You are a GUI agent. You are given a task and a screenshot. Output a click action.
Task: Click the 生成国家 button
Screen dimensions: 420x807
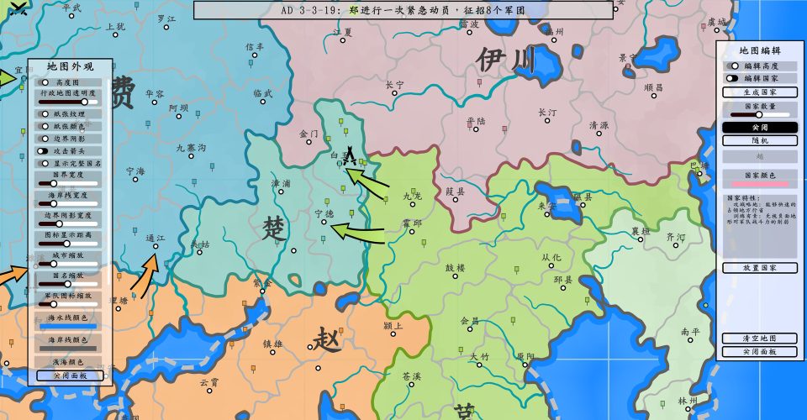click(759, 92)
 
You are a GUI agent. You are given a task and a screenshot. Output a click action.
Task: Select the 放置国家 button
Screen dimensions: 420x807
click(759, 268)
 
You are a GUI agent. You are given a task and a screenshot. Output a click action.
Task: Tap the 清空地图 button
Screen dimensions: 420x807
click(759, 339)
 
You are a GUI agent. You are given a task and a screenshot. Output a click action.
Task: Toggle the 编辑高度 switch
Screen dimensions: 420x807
click(734, 66)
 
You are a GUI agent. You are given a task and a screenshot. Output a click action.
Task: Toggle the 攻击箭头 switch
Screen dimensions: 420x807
click(43, 151)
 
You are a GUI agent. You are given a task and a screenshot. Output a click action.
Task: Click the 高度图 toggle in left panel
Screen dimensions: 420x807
click(45, 82)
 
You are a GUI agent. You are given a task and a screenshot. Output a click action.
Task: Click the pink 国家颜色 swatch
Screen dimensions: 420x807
click(759, 183)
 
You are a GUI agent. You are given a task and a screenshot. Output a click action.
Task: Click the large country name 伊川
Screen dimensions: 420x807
click(504, 60)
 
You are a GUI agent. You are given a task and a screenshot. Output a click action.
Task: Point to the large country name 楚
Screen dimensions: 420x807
click(274, 228)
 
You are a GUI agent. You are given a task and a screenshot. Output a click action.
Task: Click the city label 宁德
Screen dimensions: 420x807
click(324, 213)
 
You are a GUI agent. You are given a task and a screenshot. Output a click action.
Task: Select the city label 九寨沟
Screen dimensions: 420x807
click(191, 148)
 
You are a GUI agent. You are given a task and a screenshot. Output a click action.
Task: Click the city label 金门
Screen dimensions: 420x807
click(309, 134)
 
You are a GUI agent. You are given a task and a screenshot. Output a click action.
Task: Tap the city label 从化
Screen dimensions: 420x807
click(551, 257)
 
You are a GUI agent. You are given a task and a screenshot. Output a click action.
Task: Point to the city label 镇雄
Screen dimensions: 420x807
click(272, 344)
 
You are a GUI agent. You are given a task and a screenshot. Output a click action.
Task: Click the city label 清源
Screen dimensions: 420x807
click(599, 125)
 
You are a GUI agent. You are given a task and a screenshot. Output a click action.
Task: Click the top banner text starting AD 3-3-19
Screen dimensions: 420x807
click(403, 10)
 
